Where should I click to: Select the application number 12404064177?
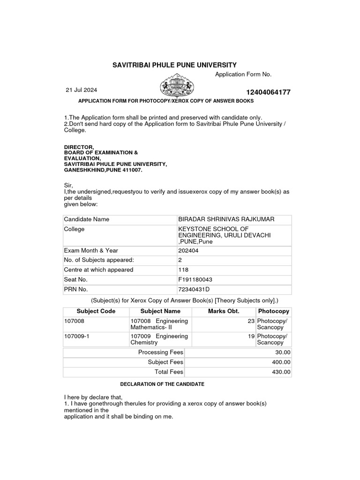[x=268, y=92]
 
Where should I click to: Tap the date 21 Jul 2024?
[x=82, y=90]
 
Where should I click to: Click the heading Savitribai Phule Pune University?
[x=175, y=65]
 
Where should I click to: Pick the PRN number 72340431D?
[x=194, y=289]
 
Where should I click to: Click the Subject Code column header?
[x=96, y=311]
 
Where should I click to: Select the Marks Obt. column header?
[x=224, y=311]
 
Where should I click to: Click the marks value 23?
[x=251, y=321]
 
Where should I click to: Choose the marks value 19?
[x=251, y=336]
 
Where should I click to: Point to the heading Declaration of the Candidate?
[x=162, y=384]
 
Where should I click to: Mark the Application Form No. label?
[x=243, y=75]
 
